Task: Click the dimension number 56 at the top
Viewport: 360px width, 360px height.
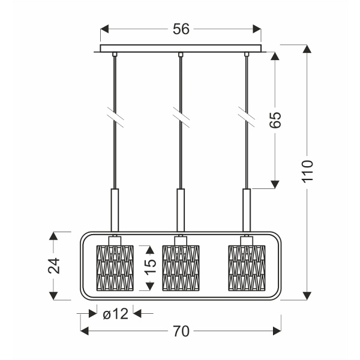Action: pyautogui.click(x=181, y=29)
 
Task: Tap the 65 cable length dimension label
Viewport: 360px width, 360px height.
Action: pyautogui.click(x=275, y=119)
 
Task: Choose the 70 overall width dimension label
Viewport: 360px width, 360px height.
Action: pyautogui.click(x=180, y=331)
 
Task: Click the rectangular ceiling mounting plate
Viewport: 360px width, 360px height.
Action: pyautogui.click(x=181, y=49)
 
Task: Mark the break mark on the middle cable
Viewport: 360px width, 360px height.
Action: pyautogui.click(x=179, y=115)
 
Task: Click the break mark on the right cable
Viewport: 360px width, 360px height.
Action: pyautogui.click(x=245, y=115)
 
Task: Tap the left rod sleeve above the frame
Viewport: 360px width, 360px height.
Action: pyautogui.click(x=114, y=209)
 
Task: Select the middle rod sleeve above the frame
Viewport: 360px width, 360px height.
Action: pyautogui.click(x=180, y=209)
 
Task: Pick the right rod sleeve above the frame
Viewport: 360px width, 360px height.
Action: pyautogui.click(x=246, y=209)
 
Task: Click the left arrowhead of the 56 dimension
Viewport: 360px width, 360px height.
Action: pyautogui.click(x=104, y=29)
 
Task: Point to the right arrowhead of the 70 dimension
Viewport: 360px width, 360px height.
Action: pyautogui.click(x=277, y=331)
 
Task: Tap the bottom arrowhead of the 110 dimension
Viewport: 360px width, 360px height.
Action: pyautogui.click(x=308, y=295)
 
